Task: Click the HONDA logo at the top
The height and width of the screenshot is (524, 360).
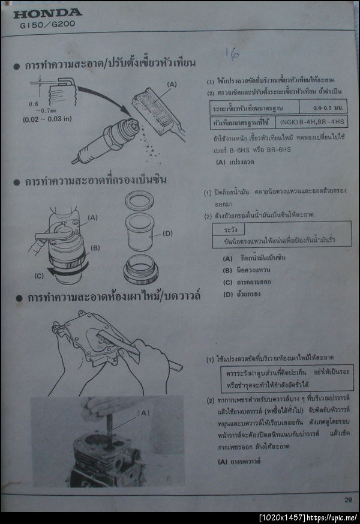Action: [47, 13]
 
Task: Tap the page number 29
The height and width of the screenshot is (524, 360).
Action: [348, 499]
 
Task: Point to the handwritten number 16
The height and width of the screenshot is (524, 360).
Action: [232, 53]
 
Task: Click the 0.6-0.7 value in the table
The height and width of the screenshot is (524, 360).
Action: [328, 107]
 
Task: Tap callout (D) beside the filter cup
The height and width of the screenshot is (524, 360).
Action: [167, 233]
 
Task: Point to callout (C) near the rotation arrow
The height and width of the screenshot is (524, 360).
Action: [39, 276]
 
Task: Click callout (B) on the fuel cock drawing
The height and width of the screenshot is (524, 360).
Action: [94, 247]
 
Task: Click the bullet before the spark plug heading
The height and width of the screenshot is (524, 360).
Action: [17, 65]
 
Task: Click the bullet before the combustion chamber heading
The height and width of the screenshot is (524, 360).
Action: [17, 298]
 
